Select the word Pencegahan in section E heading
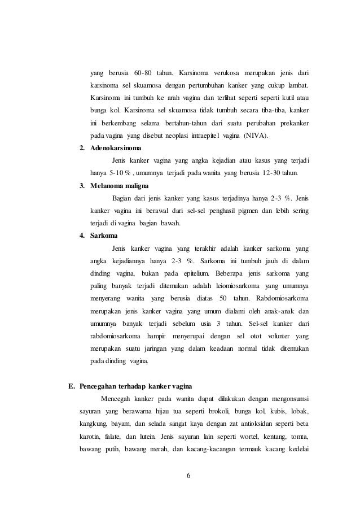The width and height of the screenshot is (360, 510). click(99, 387)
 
